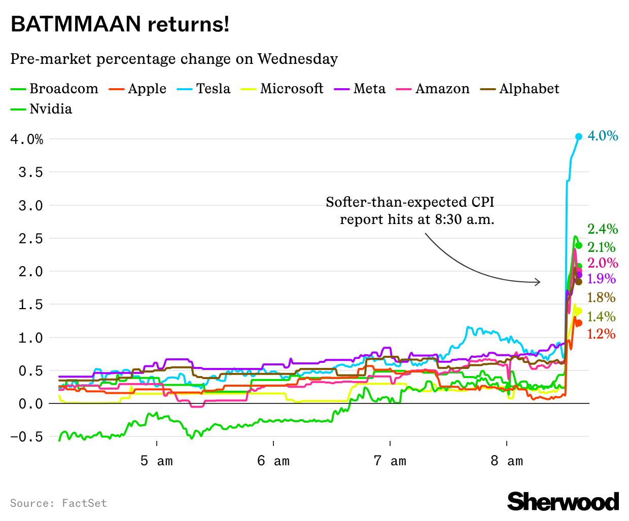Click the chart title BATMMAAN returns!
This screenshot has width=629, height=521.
pos(120,24)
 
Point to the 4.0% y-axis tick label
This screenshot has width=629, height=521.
pos(26,139)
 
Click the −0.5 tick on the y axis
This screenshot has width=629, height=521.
pos(26,437)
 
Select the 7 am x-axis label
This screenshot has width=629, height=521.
pos(390,461)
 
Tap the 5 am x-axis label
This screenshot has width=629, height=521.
pos(157,461)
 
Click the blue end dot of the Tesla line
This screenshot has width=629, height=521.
pos(578,136)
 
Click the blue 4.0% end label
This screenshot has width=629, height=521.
pos(603,136)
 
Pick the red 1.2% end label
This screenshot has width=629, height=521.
pos(601,334)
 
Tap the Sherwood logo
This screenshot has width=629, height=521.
pos(563,501)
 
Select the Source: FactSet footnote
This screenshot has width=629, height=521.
pos(58,503)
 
